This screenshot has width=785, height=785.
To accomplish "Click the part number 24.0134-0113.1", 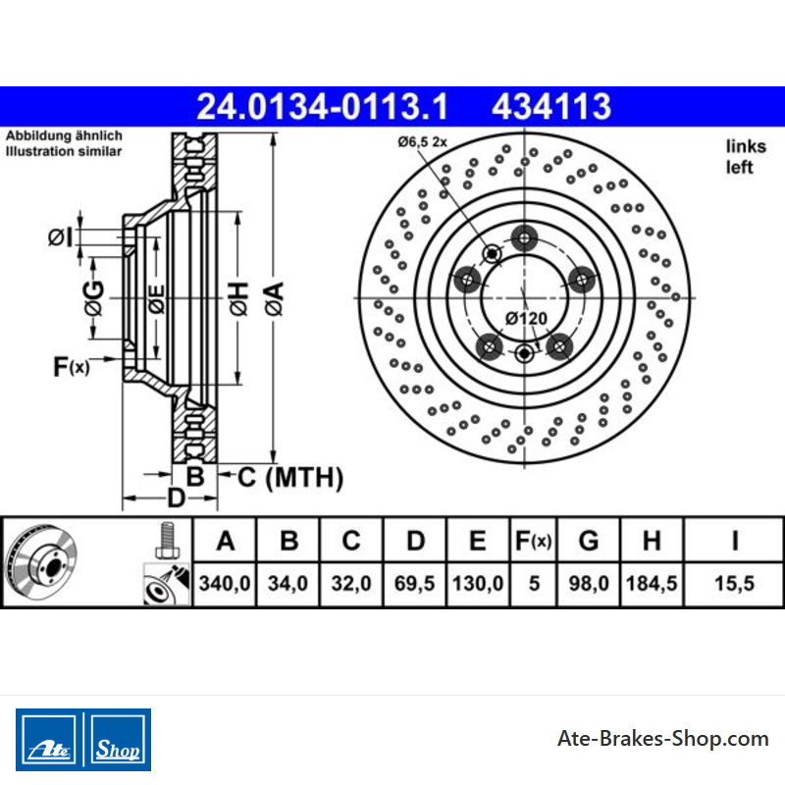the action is click(x=322, y=107).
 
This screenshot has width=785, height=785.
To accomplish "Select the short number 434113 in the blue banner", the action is click(x=551, y=107).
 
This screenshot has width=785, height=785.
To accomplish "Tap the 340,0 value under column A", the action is click(x=225, y=583).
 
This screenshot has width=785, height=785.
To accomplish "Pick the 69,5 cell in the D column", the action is click(x=414, y=583).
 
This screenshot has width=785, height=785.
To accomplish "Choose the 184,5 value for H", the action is click(x=652, y=583).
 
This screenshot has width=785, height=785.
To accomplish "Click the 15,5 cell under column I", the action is click(x=734, y=583).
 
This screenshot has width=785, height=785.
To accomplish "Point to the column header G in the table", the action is click(x=589, y=541).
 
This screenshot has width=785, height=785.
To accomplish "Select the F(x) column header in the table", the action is click(x=533, y=541).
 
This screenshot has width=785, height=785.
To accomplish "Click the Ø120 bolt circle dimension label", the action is click(x=526, y=318).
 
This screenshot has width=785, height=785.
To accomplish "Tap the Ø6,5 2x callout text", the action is click(x=423, y=142).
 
